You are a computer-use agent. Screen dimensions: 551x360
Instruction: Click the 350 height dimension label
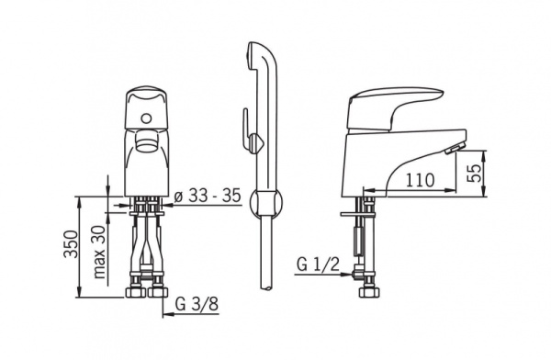pyautogui.click(x=71, y=244)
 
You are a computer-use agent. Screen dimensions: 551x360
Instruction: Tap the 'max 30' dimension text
pyautogui.click(x=99, y=252)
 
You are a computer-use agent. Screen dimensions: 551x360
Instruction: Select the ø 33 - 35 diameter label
pyautogui.click(x=208, y=196)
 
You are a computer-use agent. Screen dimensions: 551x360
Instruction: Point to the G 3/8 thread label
pyautogui.click(x=197, y=304)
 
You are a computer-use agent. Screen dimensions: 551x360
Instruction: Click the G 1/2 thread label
pyautogui.click(x=318, y=264)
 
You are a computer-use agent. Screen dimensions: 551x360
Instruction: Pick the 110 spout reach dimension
pyautogui.click(x=421, y=180)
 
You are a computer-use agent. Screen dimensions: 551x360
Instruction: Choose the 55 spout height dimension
pyautogui.click(x=475, y=173)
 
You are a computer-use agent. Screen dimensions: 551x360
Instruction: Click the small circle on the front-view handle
pyautogui.click(x=144, y=118)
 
